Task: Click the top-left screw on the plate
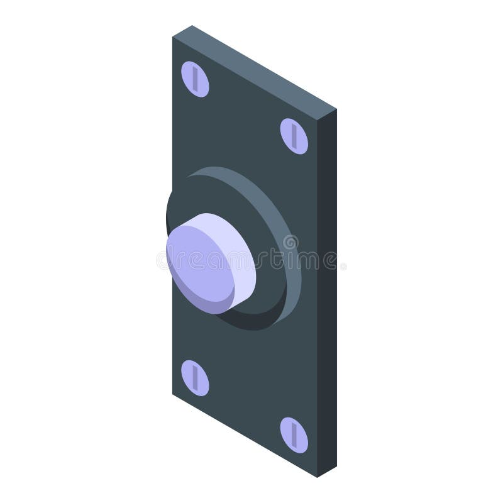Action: [195, 79]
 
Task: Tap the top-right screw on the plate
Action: [294, 136]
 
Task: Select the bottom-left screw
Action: [195, 378]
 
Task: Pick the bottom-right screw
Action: [294, 434]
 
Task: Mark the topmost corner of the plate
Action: [192, 26]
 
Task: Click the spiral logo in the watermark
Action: [290, 243]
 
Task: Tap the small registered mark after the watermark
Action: [343, 266]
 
